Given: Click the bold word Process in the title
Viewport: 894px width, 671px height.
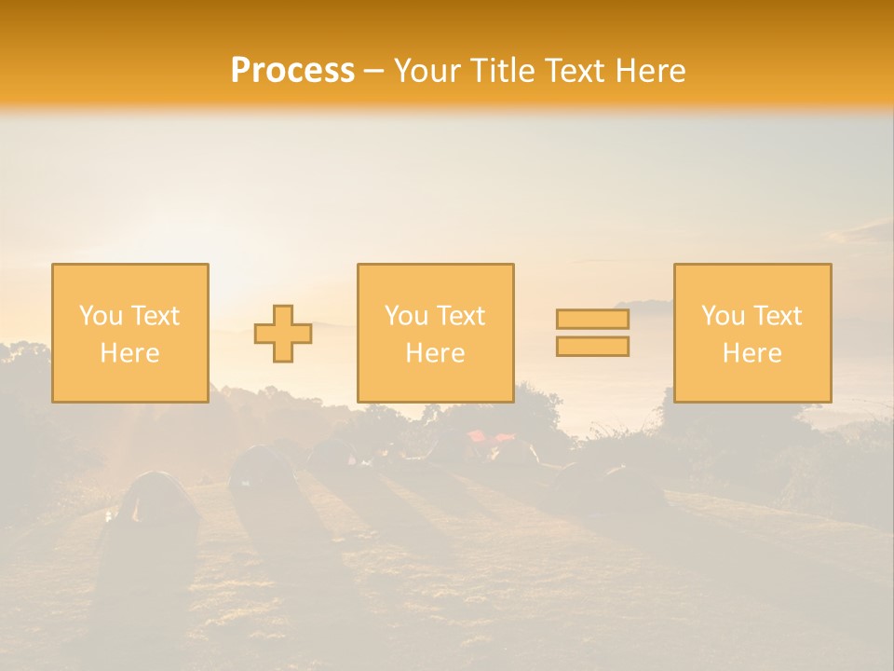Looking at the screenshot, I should [x=292, y=70].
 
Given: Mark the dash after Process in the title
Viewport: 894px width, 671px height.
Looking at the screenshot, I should [x=374, y=72].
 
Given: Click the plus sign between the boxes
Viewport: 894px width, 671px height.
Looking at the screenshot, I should [x=283, y=334].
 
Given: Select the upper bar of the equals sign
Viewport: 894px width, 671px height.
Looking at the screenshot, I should [x=592, y=319].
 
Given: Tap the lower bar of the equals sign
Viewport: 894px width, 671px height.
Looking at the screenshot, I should [x=592, y=347].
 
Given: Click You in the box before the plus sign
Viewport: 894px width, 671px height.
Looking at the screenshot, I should [x=100, y=316].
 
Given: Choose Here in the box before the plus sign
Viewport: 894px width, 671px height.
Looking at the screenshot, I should [x=129, y=353].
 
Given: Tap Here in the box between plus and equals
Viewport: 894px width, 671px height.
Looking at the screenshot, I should [x=435, y=353].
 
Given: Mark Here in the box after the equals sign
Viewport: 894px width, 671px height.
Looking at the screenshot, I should [x=752, y=353].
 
